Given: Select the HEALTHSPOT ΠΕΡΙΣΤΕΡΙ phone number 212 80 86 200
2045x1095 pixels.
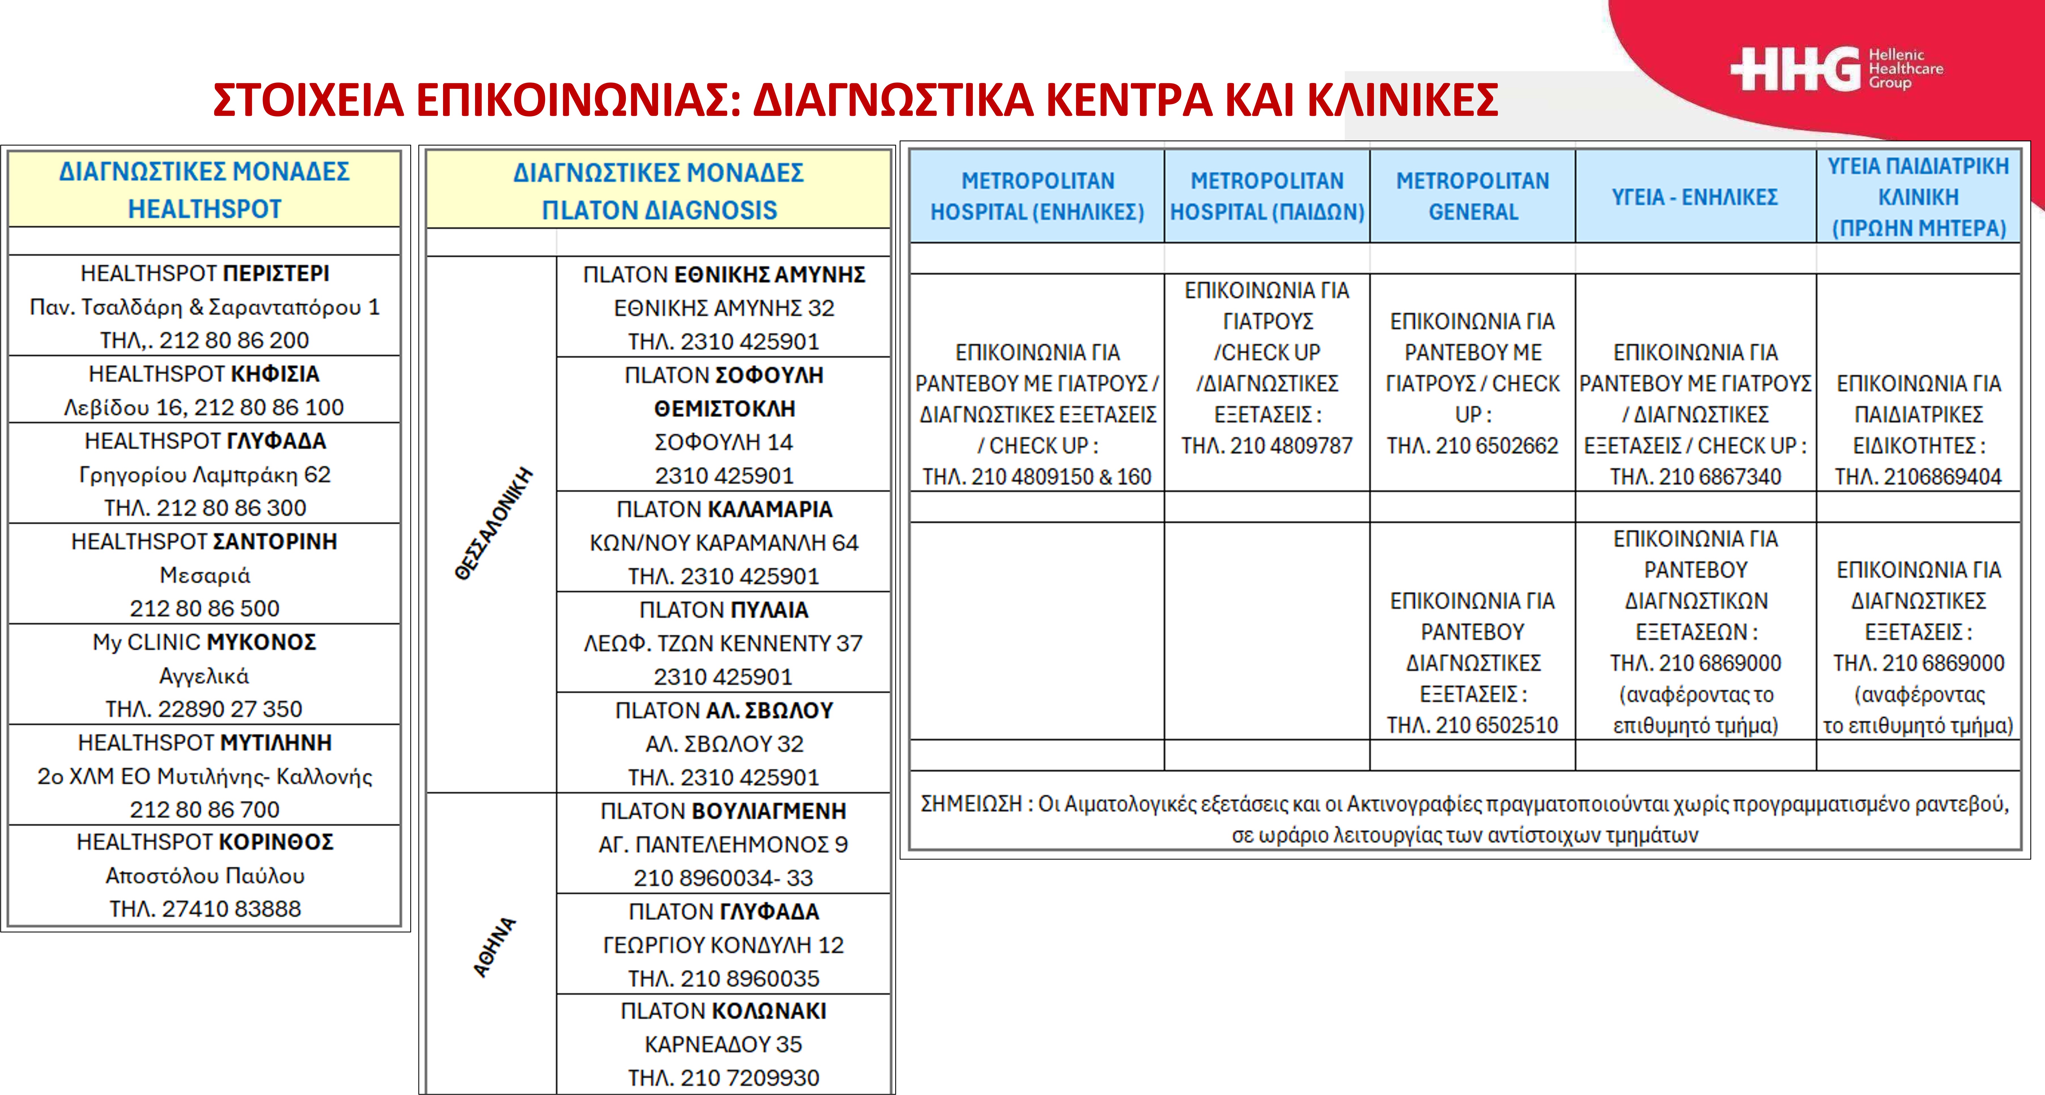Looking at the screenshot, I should coord(233,341).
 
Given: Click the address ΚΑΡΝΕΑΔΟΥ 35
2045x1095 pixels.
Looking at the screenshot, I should coord(723,1045).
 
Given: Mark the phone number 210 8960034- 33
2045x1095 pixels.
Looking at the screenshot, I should coord(723,878).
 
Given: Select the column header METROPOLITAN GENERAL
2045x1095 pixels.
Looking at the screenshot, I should coord(1472,196).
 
